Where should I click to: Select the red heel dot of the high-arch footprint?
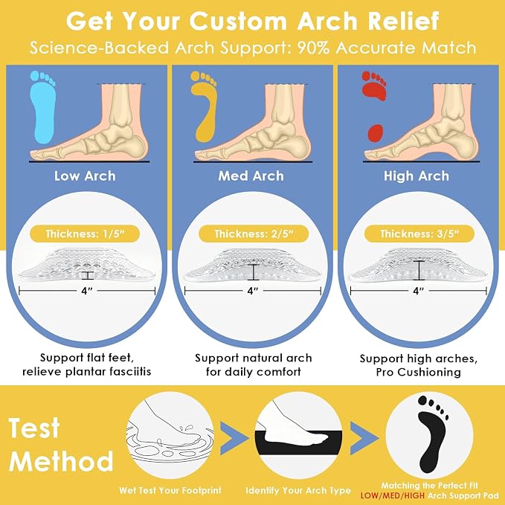376,132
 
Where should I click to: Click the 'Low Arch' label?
85,176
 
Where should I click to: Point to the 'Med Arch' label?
251,176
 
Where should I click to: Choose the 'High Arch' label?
416,176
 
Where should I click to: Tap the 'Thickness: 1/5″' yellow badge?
85,234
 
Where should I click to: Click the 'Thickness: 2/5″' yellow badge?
254,234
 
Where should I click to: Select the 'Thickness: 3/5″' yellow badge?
419,234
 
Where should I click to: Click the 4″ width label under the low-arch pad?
87,291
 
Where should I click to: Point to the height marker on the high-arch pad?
419,270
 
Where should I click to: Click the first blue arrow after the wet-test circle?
234,438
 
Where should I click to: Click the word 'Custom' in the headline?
238,22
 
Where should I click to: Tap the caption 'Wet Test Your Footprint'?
170,491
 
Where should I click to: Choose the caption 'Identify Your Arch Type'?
298,491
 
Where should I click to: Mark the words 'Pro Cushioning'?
419,373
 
